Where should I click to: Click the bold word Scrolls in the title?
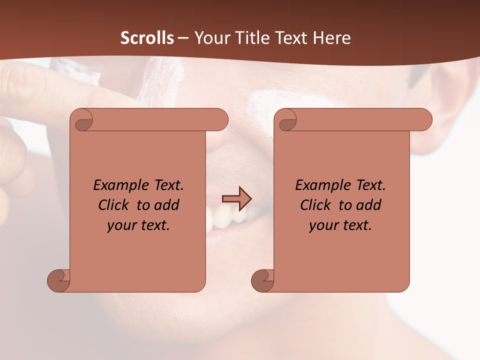[147, 38]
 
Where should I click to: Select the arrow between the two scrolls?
[236, 198]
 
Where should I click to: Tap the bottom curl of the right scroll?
[263, 280]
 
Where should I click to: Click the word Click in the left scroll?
[113, 205]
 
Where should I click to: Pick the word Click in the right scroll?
[315, 205]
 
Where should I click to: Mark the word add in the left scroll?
[167, 205]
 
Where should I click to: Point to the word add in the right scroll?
[369, 205]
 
